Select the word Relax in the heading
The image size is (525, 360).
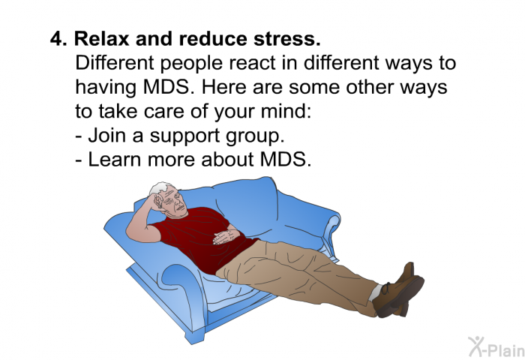(101, 38)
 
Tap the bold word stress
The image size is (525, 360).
(287, 39)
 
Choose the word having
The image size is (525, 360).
(106, 88)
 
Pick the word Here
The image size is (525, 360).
(224, 87)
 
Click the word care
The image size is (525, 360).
(160, 112)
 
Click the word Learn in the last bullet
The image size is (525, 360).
(115, 160)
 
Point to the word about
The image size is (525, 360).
(227, 160)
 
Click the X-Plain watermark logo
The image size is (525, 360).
(496, 347)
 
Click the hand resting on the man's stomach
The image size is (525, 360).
(225, 236)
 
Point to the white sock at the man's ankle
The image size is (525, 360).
(375, 292)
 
